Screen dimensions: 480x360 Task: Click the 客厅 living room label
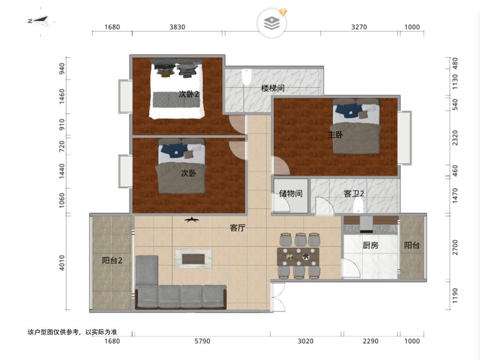coord(238,228)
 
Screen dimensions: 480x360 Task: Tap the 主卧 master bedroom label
coord(335,135)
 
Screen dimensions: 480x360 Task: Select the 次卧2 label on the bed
coord(189,94)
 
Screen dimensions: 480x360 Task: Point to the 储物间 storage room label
coord(291,194)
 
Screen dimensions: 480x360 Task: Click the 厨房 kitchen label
coord(370,245)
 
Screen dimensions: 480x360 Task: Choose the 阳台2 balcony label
coord(112,260)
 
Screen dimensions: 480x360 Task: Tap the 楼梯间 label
coord(273,88)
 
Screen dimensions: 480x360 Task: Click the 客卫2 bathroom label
coord(354,194)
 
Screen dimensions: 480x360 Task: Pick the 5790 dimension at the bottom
coord(202,341)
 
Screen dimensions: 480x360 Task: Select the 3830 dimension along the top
coord(177,27)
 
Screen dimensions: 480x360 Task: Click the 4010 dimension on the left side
coord(62,263)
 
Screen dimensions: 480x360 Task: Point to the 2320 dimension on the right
coord(455,138)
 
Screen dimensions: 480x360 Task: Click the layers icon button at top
coord(272,23)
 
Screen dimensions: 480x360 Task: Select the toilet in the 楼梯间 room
coord(246,76)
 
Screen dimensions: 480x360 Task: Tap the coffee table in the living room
coord(193,259)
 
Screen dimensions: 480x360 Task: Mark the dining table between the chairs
coord(298,257)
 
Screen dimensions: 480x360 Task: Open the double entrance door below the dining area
coord(278,297)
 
